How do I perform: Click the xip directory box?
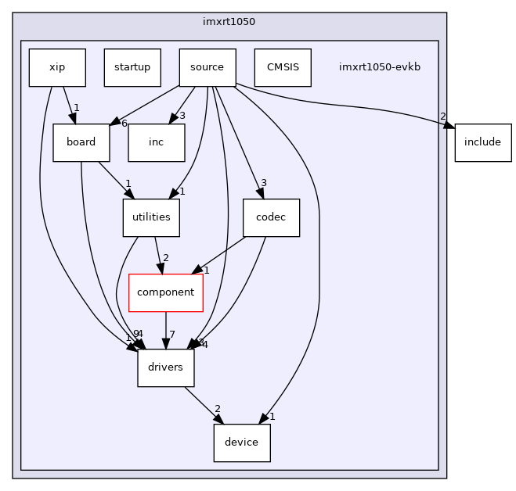57,67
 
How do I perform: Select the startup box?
132,67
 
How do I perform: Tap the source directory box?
207,67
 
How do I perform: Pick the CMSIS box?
283,67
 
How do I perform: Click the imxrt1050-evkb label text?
380,67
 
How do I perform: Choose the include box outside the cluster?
483,142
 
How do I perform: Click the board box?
81,142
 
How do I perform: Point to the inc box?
157,142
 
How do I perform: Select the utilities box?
151,217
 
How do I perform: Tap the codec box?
272,217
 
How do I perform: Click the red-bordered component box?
166,292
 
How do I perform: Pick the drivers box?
166,367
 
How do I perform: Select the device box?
242,443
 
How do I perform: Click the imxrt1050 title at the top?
229,21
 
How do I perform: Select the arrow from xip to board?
69,105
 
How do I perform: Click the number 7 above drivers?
172,335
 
